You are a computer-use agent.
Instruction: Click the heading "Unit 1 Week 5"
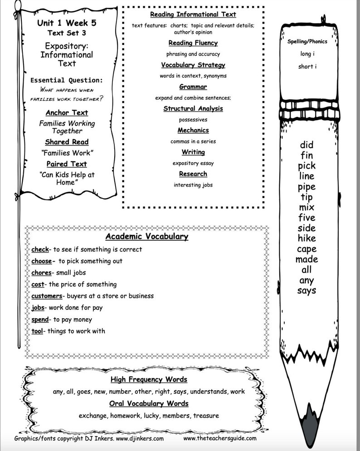(67, 23)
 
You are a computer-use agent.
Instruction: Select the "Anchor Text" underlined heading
(67, 112)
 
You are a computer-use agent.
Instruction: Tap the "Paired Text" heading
(67, 164)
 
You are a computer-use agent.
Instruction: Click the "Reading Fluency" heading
(193, 43)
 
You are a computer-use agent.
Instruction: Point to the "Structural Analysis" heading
(193, 109)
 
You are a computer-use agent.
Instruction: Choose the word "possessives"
(193, 120)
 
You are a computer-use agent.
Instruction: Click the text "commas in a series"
(193, 141)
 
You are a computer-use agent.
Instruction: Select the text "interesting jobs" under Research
(193, 185)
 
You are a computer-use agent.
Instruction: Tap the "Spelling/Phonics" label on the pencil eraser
(307, 42)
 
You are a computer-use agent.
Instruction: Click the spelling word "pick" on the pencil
(306, 166)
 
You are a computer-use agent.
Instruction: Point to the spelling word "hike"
(306, 238)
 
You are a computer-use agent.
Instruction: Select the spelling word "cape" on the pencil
(306, 249)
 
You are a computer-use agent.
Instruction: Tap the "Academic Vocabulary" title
(146, 236)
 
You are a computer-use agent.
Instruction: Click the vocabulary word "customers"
(46, 296)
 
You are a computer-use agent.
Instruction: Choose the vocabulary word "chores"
(41, 273)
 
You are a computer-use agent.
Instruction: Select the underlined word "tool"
(37, 331)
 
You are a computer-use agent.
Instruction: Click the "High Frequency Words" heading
(149, 379)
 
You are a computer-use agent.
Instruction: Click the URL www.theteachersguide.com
(220, 438)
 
